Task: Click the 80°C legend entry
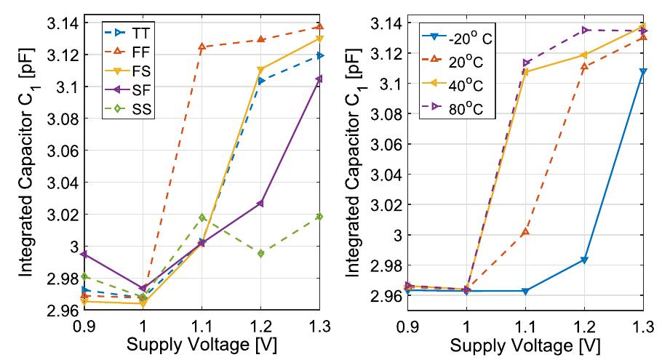452,108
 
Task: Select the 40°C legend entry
452,84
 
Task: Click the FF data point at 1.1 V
202,47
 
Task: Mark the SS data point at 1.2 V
261,253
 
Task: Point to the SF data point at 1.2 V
260,203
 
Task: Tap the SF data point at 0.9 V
84,254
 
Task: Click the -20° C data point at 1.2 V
584,260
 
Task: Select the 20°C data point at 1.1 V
525,232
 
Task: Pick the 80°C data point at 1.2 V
585,30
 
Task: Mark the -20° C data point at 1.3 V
643,72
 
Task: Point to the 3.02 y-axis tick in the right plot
386,205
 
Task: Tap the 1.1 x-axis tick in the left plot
202,327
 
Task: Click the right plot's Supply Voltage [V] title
525,346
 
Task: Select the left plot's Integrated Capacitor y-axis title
27,162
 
